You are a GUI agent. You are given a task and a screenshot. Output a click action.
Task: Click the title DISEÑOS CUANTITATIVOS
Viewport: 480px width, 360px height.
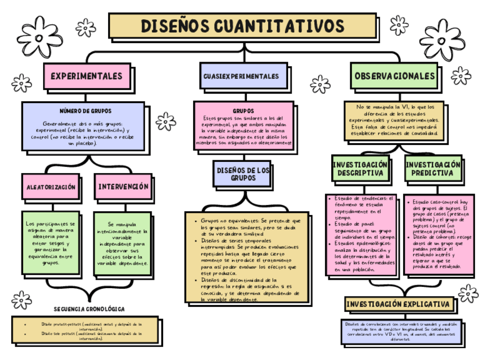242,26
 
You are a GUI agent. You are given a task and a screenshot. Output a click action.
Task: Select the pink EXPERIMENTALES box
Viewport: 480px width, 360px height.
87,76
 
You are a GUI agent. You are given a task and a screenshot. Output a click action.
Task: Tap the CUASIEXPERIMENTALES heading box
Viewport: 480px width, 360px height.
241,76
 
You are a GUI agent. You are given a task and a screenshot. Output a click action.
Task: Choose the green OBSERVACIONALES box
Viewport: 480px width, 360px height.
395,76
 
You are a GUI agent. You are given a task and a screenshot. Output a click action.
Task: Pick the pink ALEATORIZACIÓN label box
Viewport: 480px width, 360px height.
51,187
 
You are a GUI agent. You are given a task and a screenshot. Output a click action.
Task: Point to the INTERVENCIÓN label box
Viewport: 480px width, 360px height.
123,187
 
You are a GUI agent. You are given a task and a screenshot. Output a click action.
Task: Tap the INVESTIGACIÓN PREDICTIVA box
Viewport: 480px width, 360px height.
432,168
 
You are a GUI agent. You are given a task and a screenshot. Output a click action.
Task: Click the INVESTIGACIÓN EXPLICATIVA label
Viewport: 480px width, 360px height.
399,305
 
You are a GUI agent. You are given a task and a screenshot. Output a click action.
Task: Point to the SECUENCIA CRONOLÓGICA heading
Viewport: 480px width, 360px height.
89,309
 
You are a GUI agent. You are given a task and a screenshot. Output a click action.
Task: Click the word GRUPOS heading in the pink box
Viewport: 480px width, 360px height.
243,110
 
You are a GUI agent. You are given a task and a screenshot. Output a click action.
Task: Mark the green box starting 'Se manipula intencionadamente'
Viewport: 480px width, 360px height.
123,243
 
